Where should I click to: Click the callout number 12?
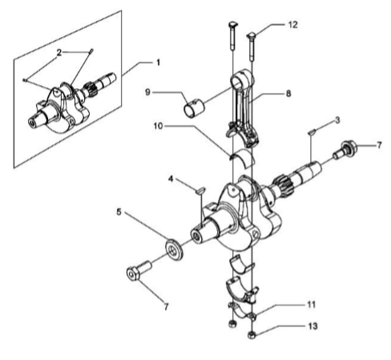click(292, 25)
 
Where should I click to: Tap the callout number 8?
click(288, 94)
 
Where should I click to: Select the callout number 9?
click(147, 92)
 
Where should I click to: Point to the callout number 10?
click(158, 126)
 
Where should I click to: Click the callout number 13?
click(312, 326)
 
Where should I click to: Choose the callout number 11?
click(312, 305)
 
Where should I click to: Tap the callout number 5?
click(119, 212)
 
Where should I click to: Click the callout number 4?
click(171, 179)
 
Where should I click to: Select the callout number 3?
click(337, 120)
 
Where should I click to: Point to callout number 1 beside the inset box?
click(158, 63)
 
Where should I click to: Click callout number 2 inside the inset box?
click(59, 53)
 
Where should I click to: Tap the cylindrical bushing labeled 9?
click(195, 108)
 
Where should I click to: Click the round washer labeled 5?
click(175, 249)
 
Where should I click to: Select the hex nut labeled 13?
click(252, 335)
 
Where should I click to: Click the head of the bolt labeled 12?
click(252, 35)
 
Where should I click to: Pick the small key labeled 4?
click(200, 190)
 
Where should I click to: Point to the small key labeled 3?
click(312, 131)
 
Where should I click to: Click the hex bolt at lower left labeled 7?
click(139, 270)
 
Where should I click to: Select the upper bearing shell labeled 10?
click(243, 157)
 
